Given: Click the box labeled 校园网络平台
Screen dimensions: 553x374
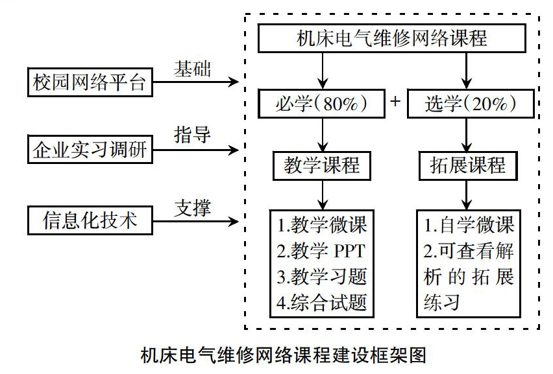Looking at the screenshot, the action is (x=90, y=82).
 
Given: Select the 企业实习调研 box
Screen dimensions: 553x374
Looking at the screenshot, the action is (x=90, y=149).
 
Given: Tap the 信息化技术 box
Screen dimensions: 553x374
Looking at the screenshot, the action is (x=90, y=220).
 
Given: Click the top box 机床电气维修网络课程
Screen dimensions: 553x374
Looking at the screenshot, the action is (x=392, y=38).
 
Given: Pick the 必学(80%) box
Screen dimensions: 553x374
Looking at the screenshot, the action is (x=321, y=104).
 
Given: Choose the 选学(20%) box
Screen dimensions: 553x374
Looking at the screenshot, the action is (x=471, y=104).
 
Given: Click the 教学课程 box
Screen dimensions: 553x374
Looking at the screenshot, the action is (x=322, y=166).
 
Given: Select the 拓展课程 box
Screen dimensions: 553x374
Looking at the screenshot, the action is (x=468, y=166).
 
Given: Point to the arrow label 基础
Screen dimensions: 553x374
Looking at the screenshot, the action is (x=192, y=69).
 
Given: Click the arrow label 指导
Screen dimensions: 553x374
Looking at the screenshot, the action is (x=192, y=135).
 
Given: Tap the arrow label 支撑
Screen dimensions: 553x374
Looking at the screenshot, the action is (x=192, y=208).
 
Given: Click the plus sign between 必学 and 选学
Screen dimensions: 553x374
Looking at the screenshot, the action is (x=395, y=101).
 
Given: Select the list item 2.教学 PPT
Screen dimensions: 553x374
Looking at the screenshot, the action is (x=321, y=251).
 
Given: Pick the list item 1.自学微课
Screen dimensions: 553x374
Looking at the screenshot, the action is (x=469, y=225).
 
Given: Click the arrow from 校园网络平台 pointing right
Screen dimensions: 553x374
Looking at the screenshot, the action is (x=196, y=82).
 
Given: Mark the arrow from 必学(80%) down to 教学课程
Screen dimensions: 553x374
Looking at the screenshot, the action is (x=323, y=135).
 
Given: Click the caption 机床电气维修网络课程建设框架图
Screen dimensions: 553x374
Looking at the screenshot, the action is (x=283, y=355).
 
